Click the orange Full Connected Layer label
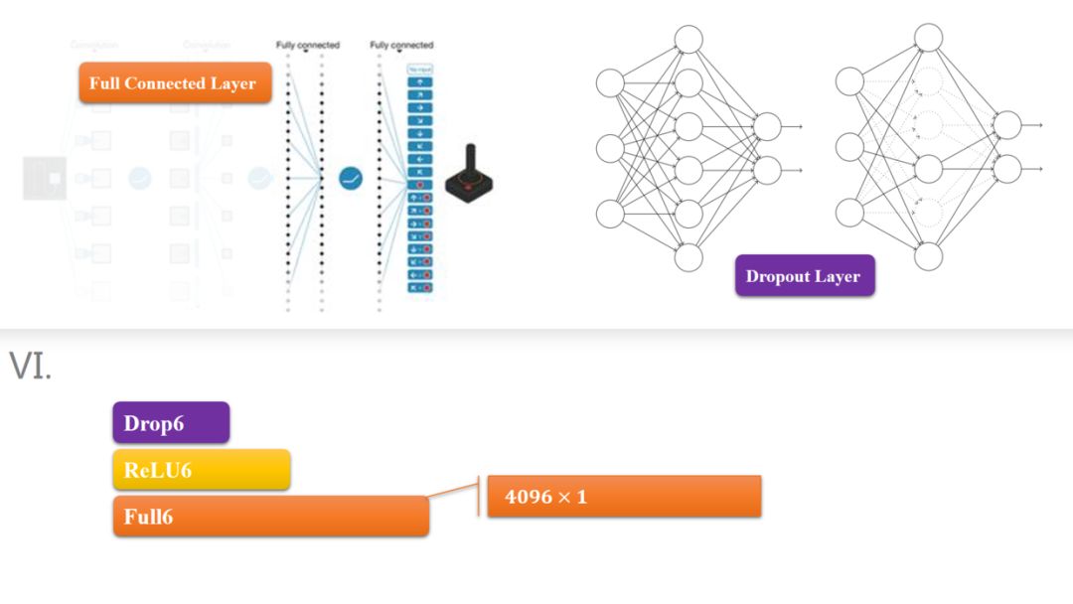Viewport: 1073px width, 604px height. pyautogui.click(x=173, y=83)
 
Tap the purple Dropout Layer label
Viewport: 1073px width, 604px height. pyautogui.click(x=804, y=276)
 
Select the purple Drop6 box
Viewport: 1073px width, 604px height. pyautogui.click(x=171, y=422)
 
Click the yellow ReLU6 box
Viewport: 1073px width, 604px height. pyautogui.click(x=201, y=470)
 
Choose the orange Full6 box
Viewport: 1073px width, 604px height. pyautogui.click(x=270, y=517)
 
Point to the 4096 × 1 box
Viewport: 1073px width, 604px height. pyautogui.click(x=624, y=496)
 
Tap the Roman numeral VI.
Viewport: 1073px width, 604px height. pyautogui.click(x=30, y=367)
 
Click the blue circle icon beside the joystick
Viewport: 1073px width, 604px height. pyautogui.click(x=351, y=179)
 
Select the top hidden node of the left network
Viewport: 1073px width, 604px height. pyautogui.click(x=689, y=40)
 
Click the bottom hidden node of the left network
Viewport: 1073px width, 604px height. pyautogui.click(x=689, y=257)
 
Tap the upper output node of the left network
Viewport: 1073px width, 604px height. pyautogui.click(x=767, y=126)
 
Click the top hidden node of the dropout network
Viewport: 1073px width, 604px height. pyautogui.click(x=928, y=39)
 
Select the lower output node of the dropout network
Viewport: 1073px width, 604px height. pyautogui.click(x=1006, y=168)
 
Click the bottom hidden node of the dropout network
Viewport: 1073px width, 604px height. pyautogui.click(x=928, y=256)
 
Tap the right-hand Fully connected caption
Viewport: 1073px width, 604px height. pyautogui.click(x=401, y=45)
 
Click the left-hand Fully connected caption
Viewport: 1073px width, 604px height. pyautogui.click(x=307, y=45)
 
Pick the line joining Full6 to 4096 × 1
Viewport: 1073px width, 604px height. pyautogui.click(x=454, y=486)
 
